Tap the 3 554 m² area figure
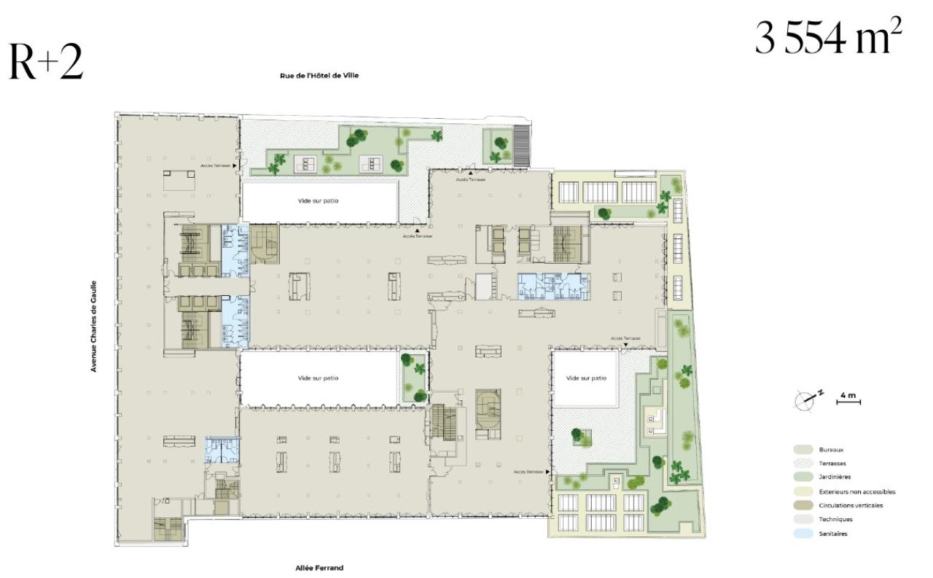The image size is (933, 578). (828, 38)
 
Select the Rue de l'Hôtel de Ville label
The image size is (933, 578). (319, 75)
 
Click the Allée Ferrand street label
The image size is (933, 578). (319, 567)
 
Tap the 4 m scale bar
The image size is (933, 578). (848, 399)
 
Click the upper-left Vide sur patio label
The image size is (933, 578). (319, 201)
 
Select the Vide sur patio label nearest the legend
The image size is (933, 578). (586, 378)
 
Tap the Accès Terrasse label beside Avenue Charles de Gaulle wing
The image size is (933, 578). (216, 165)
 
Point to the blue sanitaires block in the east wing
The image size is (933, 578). (553, 286)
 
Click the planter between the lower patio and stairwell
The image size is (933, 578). (413, 378)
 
